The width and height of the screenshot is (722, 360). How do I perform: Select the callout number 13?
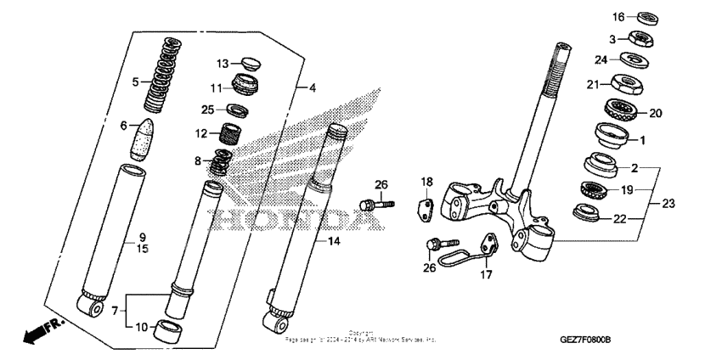coord(222,64)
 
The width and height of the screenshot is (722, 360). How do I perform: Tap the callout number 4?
coord(313,87)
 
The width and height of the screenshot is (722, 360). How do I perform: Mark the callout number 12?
coord(201,133)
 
